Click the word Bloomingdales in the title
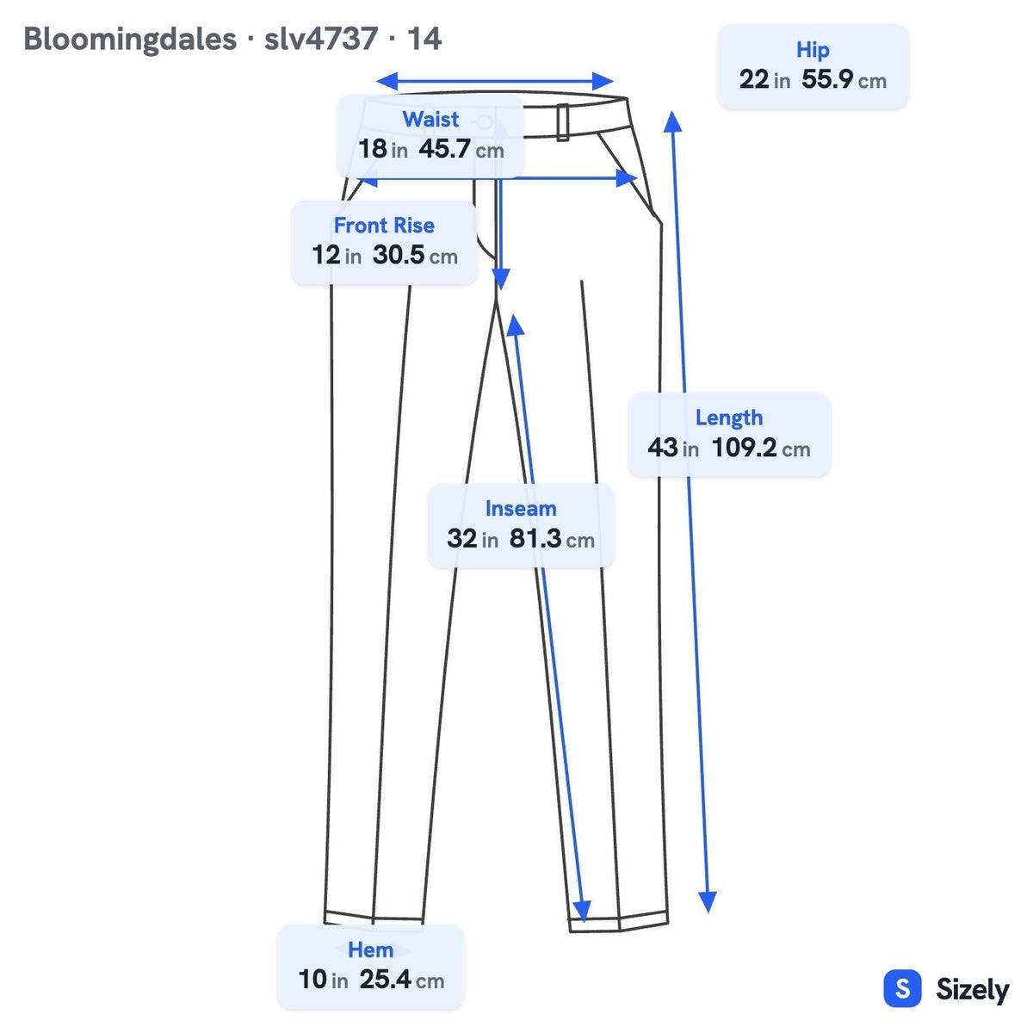[x=130, y=40]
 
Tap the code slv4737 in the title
[x=320, y=39]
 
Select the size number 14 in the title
[x=424, y=39]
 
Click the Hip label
[x=813, y=51]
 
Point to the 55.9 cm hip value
[x=844, y=79]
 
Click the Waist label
[x=430, y=119]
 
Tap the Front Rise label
[x=384, y=226]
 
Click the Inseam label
[x=521, y=508]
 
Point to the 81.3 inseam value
[x=552, y=538]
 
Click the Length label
[x=729, y=418]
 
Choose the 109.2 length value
[x=761, y=448]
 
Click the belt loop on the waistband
[x=562, y=122]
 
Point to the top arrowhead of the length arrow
[x=672, y=121]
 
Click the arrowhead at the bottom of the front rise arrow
[x=500, y=279]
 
